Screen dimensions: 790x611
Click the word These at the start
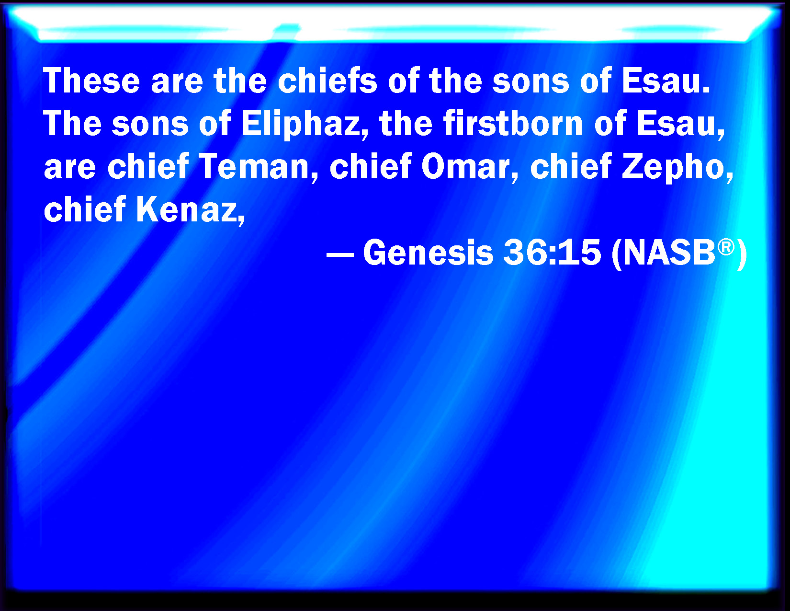click(x=91, y=81)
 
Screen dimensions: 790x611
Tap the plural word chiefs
click(x=327, y=81)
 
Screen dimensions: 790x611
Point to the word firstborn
click(x=513, y=123)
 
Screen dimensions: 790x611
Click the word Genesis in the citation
click(x=428, y=253)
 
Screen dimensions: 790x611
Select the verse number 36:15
click(x=552, y=253)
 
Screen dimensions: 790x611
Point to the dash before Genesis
click(x=340, y=255)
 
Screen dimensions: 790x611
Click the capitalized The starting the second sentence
click(x=72, y=123)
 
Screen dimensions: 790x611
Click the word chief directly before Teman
click(x=148, y=166)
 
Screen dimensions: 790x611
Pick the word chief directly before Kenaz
click(x=85, y=209)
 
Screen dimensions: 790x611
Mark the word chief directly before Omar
click(x=370, y=166)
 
